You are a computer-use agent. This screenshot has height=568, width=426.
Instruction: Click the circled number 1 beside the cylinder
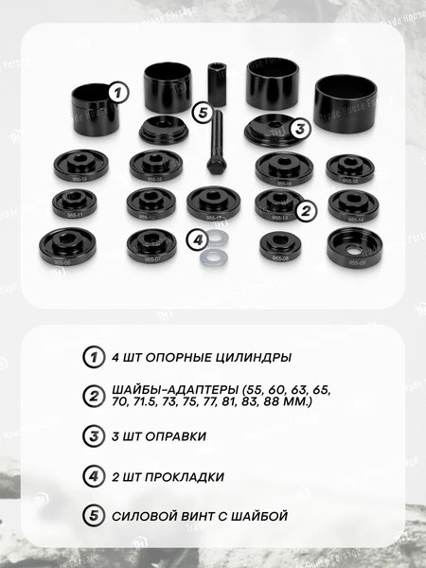pyautogui.click(x=117, y=92)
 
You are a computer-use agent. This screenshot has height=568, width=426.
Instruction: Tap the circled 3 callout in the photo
pyautogui.click(x=299, y=129)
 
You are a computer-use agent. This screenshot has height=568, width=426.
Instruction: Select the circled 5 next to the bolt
pyautogui.click(x=200, y=113)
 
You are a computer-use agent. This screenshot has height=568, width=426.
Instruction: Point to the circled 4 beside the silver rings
pyautogui.click(x=197, y=240)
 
